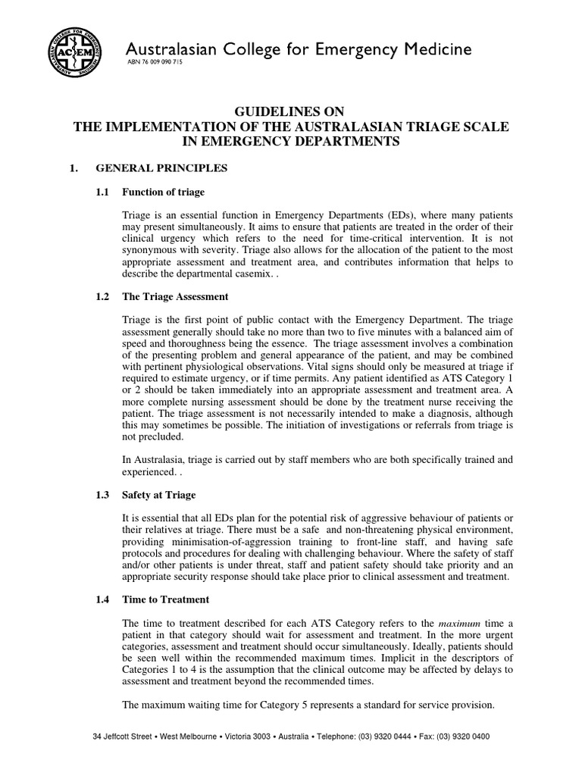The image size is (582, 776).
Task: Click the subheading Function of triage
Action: (163, 192)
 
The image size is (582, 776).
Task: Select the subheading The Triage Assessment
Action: (174, 296)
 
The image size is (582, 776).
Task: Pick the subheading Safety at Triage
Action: (158, 495)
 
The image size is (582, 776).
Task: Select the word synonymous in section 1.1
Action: (152, 250)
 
